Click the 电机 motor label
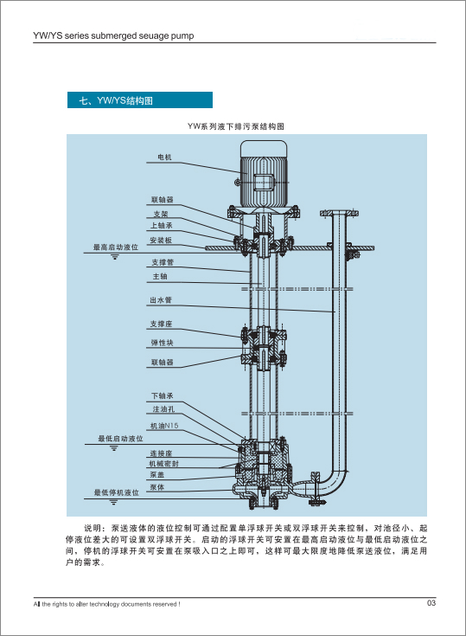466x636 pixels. pyautogui.click(x=164, y=157)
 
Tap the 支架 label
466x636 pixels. pyautogui.click(x=161, y=214)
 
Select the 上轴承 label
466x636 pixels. pyautogui.click(x=162, y=226)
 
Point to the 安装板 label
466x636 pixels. pyautogui.click(x=161, y=241)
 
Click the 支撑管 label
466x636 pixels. pyautogui.click(x=163, y=262)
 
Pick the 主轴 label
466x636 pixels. pyautogui.click(x=160, y=277)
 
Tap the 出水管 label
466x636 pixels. pyautogui.click(x=161, y=300)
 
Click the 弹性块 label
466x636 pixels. pyautogui.click(x=162, y=343)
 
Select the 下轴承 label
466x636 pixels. pyautogui.click(x=162, y=396)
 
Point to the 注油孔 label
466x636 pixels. pyautogui.click(x=163, y=409)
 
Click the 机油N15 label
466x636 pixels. pyautogui.click(x=164, y=426)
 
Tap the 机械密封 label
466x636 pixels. pyautogui.click(x=163, y=464)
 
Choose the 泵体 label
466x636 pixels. pyautogui.click(x=156, y=487)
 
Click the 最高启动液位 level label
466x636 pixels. pyautogui.click(x=116, y=247)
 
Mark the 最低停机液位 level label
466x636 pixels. pyautogui.click(x=117, y=492)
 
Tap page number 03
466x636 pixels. pyautogui.click(x=431, y=603)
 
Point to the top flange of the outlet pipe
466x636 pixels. pyautogui.click(x=339, y=213)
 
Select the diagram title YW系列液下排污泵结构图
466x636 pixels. pyautogui.click(x=236, y=126)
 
